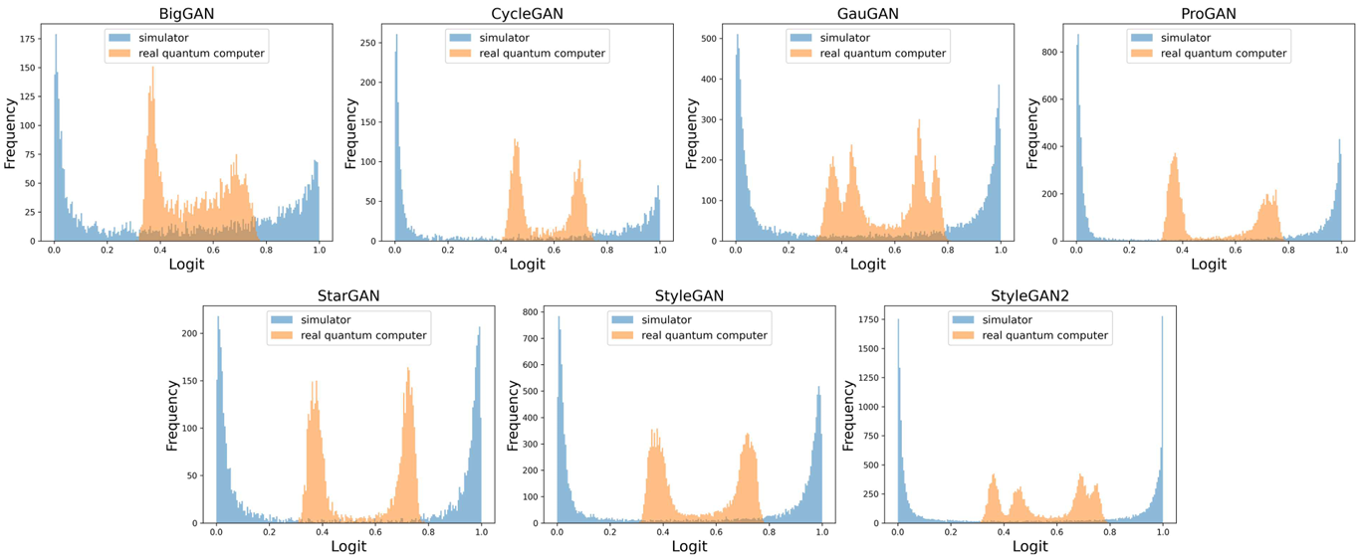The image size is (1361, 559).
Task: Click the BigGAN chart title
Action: (x=186, y=13)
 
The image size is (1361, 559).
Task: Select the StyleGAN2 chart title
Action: (x=1029, y=295)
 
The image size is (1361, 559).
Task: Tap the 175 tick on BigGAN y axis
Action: (x=27, y=39)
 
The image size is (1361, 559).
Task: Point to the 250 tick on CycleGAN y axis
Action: (x=368, y=43)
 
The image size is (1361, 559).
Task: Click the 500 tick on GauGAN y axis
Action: (x=709, y=38)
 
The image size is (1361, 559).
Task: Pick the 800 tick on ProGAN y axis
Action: (x=1050, y=52)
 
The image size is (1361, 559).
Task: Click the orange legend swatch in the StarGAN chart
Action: (x=282, y=335)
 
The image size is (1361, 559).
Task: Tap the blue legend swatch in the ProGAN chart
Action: (x=1142, y=38)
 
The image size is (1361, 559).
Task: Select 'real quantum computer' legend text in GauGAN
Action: (x=883, y=54)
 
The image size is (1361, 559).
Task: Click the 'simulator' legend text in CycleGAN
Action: (x=505, y=38)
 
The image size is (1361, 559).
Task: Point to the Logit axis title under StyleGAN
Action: (x=689, y=546)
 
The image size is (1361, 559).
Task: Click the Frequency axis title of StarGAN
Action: (x=172, y=415)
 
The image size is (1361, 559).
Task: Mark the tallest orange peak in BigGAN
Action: (x=152, y=68)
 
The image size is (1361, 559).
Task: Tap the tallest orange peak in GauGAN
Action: (x=919, y=120)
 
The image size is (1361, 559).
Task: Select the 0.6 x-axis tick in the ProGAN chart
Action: (x=1236, y=250)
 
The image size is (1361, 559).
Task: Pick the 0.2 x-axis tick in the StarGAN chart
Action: (x=269, y=532)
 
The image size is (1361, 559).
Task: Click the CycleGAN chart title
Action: (x=527, y=13)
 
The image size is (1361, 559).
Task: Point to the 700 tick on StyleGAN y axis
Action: (x=531, y=338)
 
